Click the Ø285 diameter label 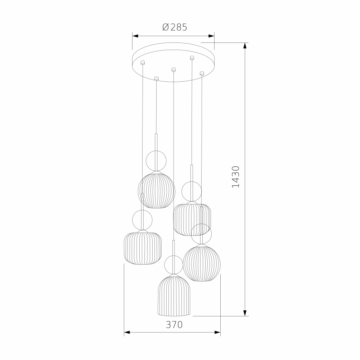175,27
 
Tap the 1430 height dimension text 236,177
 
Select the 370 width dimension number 174,325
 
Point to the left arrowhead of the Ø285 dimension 135,36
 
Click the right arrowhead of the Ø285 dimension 211,36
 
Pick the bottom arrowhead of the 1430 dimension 245,313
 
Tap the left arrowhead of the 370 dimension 127,332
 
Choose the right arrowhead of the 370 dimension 217,332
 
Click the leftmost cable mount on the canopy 143,62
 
